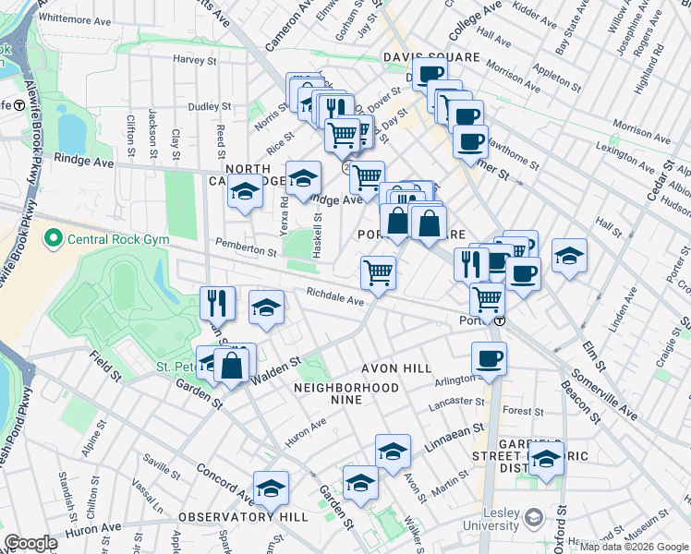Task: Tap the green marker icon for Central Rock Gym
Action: click(53, 240)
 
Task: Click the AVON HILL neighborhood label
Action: click(391, 367)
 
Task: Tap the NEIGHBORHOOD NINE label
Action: click(346, 388)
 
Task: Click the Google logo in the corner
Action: click(31, 543)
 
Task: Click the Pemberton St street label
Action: click(246, 250)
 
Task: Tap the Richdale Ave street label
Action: click(336, 297)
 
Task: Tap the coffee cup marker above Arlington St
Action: click(489, 358)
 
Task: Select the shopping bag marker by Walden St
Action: click(231, 365)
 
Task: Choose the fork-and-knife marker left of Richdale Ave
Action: click(218, 302)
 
